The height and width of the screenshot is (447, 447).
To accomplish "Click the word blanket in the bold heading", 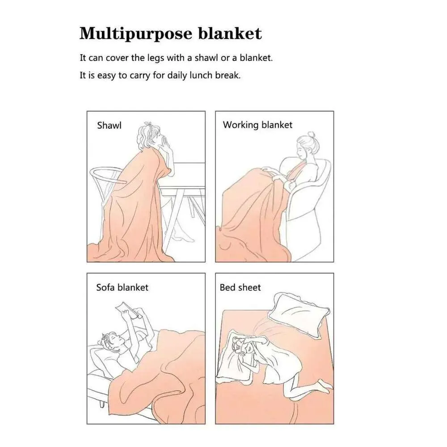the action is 229,34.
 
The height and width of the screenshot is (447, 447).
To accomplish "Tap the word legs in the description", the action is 156,59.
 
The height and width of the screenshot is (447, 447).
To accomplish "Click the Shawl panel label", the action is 109,125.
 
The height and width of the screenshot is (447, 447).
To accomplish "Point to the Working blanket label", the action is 257,125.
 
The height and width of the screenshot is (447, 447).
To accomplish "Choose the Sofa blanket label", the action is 122,287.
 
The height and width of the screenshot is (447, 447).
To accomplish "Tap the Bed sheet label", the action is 240,287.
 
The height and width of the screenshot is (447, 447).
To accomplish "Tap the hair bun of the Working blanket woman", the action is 311,134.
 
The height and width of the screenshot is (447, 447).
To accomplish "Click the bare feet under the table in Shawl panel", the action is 182,235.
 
